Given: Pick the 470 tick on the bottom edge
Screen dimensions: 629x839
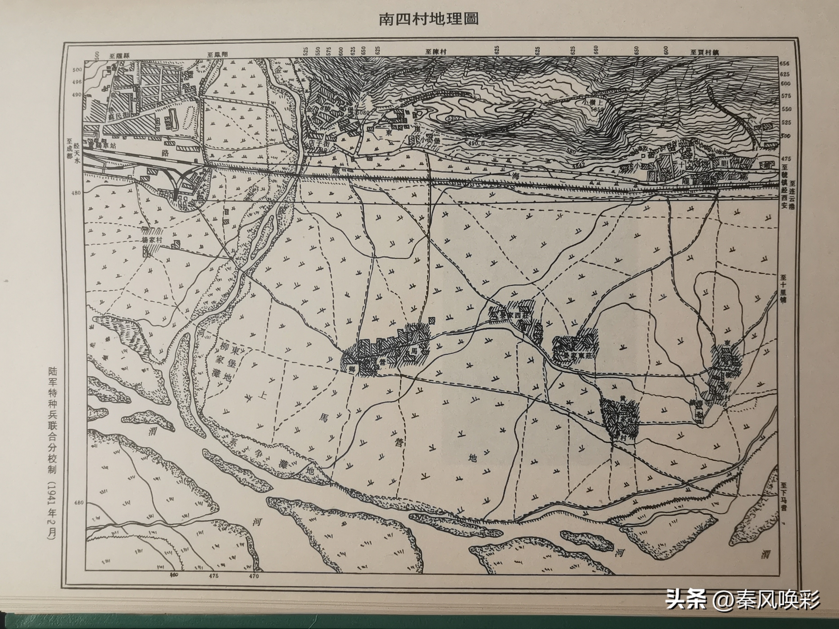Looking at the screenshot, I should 254,587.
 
